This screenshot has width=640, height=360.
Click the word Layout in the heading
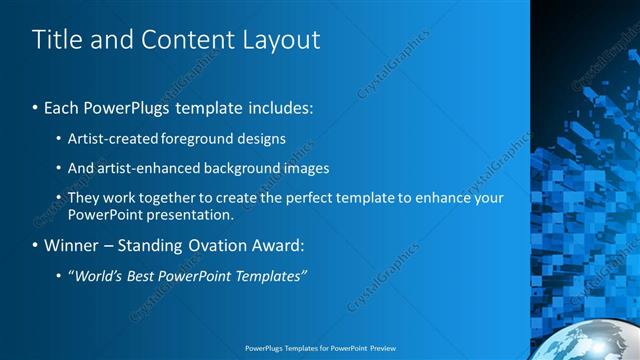click(282, 40)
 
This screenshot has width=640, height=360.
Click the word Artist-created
click(108, 139)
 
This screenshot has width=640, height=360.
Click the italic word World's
click(99, 276)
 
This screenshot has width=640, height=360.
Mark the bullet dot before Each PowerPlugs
click(36, 107)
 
